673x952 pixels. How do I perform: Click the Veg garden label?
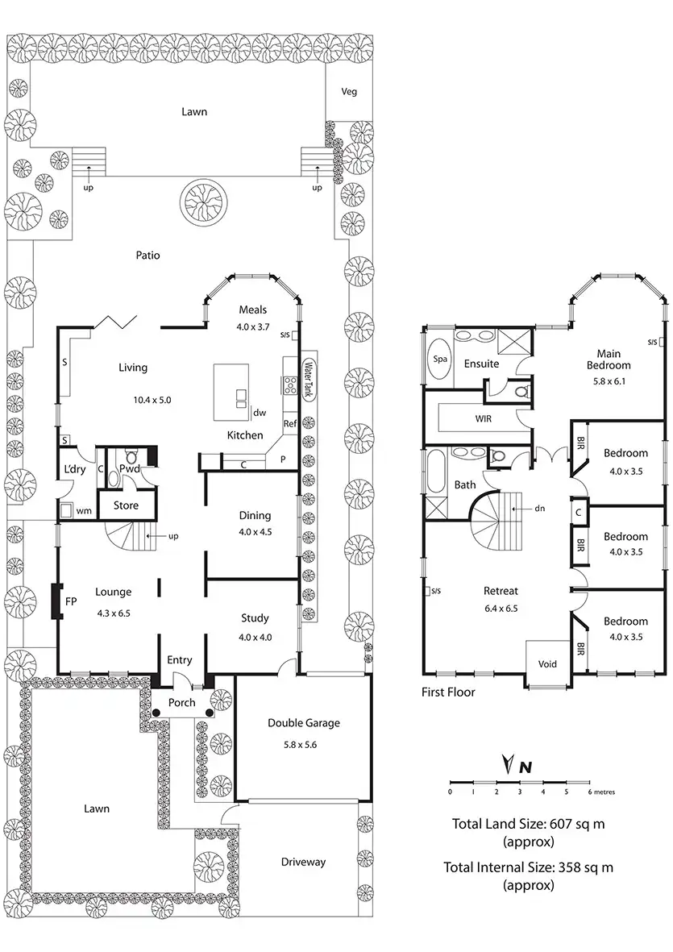[x=349, y=91]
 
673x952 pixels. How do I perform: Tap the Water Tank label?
[x=307, y=379]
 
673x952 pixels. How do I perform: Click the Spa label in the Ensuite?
[x=440, y=360]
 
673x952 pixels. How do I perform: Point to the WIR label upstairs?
[x=484, y=419]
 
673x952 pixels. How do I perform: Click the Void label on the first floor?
[x=547, y=664]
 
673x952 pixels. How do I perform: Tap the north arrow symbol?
[x=508, y=764]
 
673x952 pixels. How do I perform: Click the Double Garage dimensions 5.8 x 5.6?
[x=304, y=745]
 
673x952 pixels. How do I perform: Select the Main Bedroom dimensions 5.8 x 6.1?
[x=613, y=381]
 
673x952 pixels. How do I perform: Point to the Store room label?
[x=125, y=505]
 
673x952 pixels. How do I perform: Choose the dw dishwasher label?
[x=260, y=413]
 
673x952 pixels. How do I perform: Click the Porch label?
[x=181, y=702]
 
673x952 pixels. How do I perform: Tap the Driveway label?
[x=304, y=862]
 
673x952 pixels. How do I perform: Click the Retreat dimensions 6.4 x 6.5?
[x=501, y=609]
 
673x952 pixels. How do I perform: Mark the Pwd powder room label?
[x=130, y=468]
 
